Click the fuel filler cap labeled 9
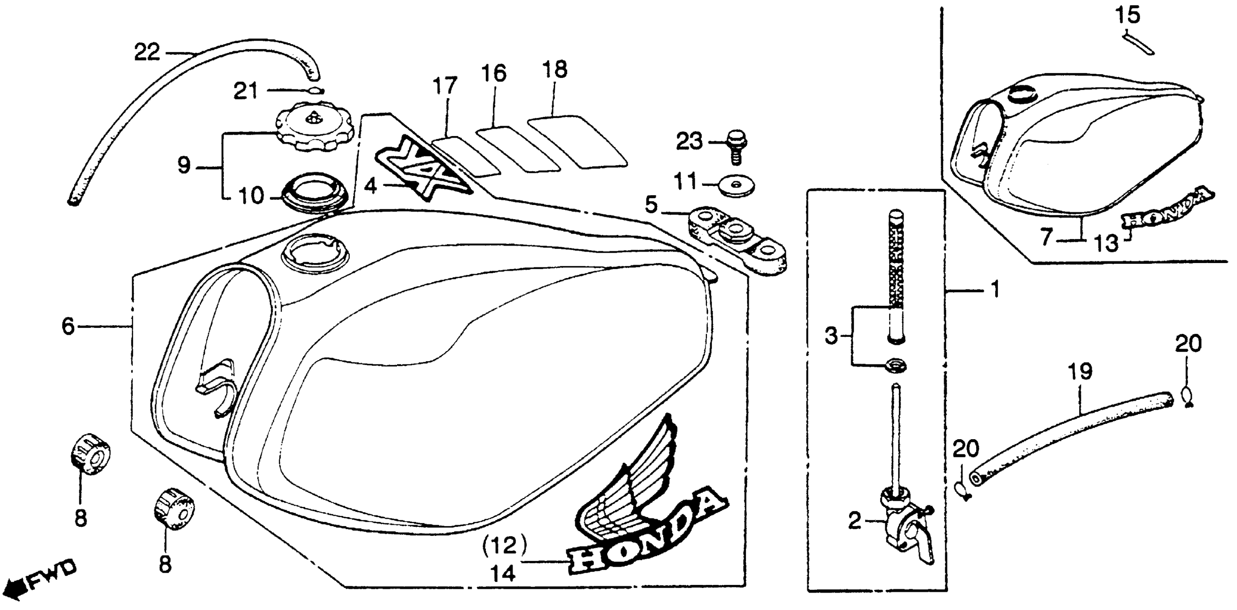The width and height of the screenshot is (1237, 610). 314,126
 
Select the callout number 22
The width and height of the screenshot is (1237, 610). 147,52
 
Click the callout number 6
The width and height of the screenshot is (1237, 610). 68,327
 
